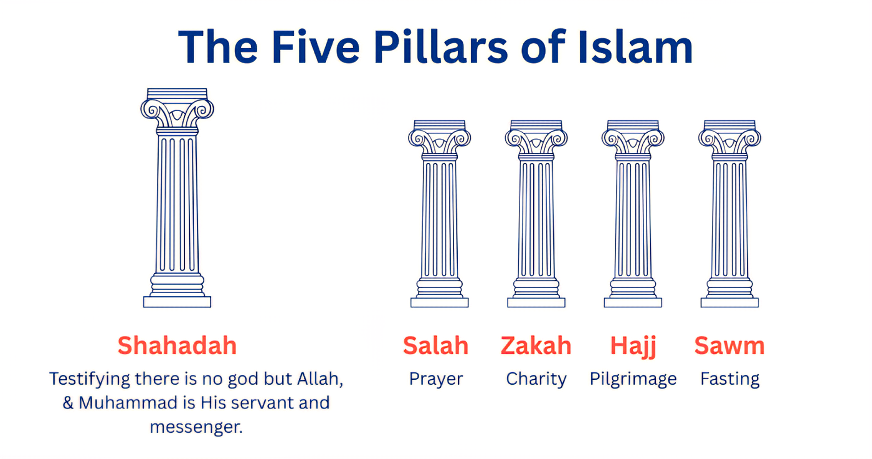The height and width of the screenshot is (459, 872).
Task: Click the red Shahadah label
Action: (x=177, y=345)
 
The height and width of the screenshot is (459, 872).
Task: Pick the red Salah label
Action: (x=436, y=345)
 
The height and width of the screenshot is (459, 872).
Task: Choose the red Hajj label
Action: (x=633, y=347)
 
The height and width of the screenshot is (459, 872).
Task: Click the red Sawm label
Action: (x=730, y=345)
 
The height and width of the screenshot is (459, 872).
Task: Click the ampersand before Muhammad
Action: (x=68, y=403)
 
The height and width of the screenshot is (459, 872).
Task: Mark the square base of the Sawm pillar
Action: (x=730, y=302)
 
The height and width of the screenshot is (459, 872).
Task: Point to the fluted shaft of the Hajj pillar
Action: (x=633, y=219)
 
